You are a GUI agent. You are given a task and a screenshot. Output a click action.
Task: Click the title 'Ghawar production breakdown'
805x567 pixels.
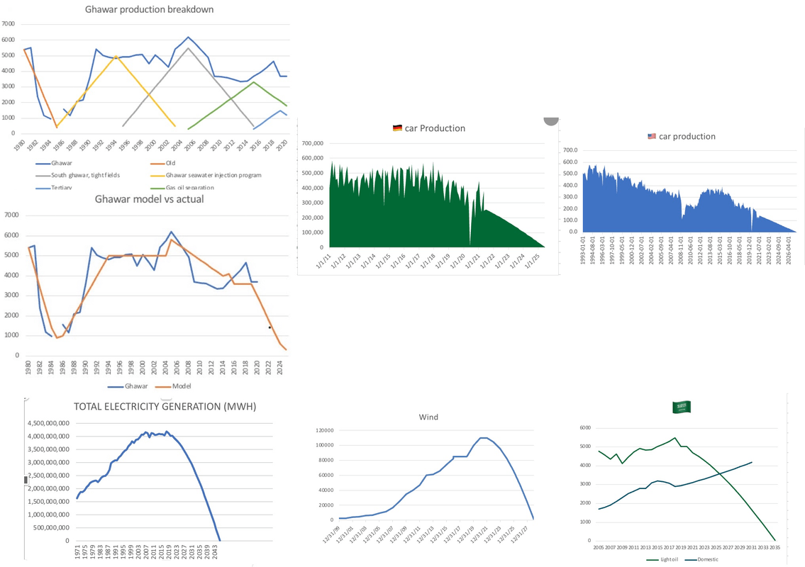tap(149, 10)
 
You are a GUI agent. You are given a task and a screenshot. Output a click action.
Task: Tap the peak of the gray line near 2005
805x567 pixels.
tap(188, 48)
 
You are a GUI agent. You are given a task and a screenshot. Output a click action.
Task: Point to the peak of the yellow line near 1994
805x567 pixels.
tap(116, 56)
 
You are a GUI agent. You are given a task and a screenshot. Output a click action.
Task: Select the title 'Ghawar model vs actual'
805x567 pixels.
tap(149, 199)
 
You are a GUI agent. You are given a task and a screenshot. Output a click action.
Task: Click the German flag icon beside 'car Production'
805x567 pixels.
tap(397, 128)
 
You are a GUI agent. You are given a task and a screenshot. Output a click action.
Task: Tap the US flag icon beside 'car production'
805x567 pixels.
tap(652, 136)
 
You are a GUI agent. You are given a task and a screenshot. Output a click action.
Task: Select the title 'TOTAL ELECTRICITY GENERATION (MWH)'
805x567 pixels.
tap(165, 407)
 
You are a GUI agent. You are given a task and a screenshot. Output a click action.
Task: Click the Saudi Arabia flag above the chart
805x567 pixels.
tap(682, 407)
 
